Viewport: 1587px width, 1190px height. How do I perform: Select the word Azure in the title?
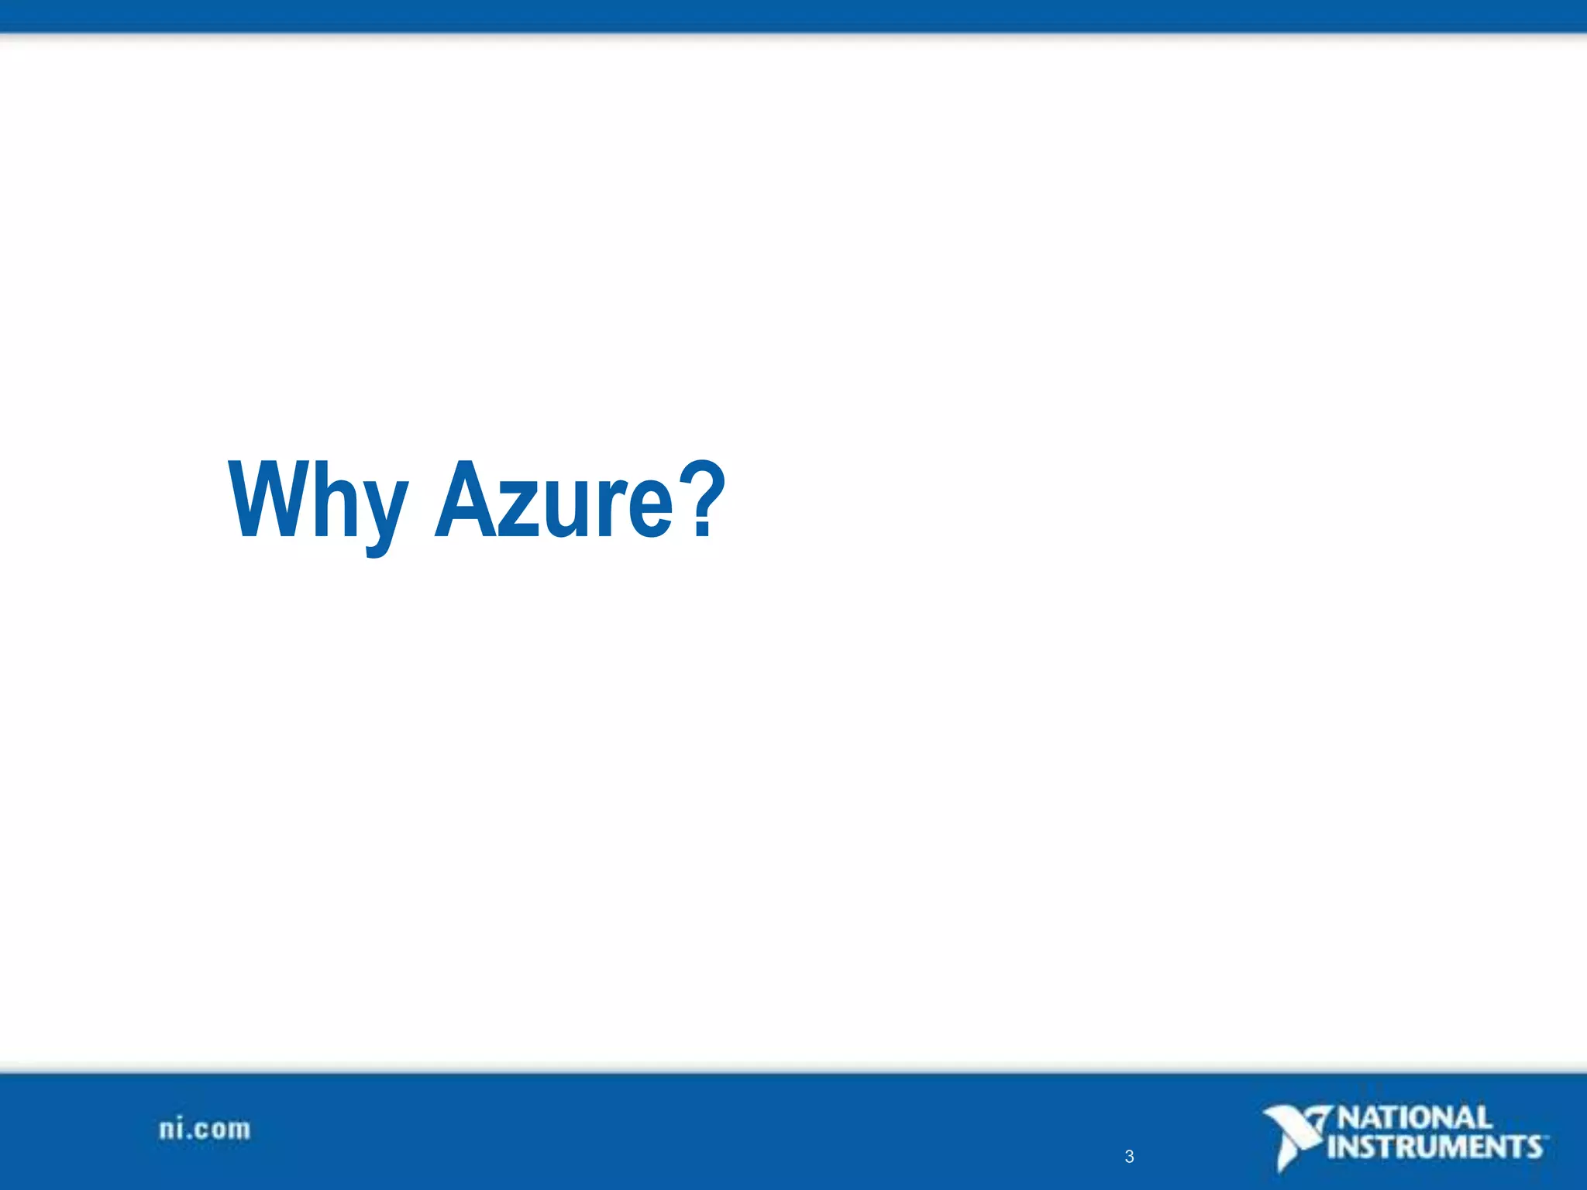(555, 500)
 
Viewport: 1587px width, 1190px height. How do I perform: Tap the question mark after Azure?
(704, 499)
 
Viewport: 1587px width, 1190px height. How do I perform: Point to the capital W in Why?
(267, 499)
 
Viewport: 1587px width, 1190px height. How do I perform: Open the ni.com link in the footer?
(205, 1129)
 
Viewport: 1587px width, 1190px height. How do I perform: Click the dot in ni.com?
(188, 1137)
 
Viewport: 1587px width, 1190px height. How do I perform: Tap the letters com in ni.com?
(222, 1130)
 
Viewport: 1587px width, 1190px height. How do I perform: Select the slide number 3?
(1129, 1157)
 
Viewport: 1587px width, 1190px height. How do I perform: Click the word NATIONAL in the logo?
(1415, 1118)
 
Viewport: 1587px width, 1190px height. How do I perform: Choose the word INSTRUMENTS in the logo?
(1435, 1147)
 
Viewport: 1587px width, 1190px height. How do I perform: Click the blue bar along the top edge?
(793, 15)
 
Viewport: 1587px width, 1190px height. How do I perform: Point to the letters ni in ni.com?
(171, 1129)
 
